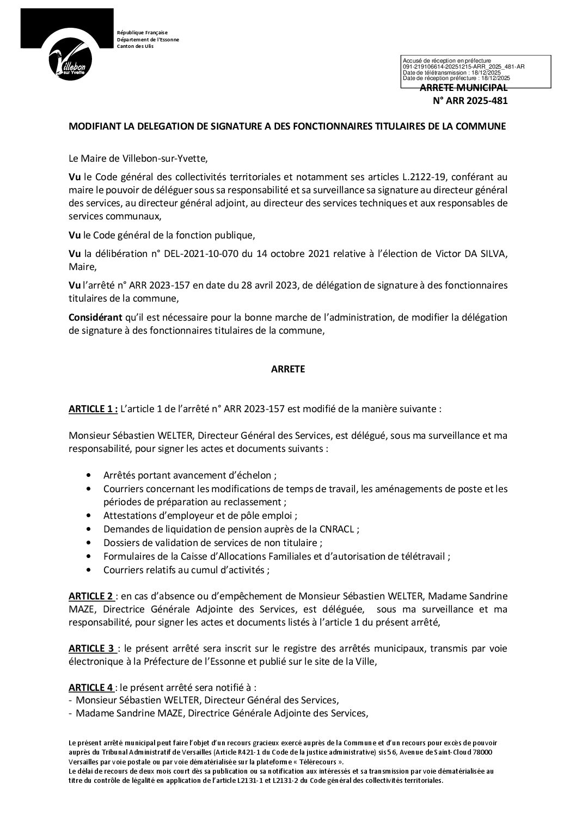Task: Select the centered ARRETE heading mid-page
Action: click(x=288, y=369)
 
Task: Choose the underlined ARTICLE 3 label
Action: click(x=91, y=648)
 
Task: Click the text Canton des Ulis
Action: click(x=135, y=46)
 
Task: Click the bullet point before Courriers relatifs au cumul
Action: click(x=89, y=570)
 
